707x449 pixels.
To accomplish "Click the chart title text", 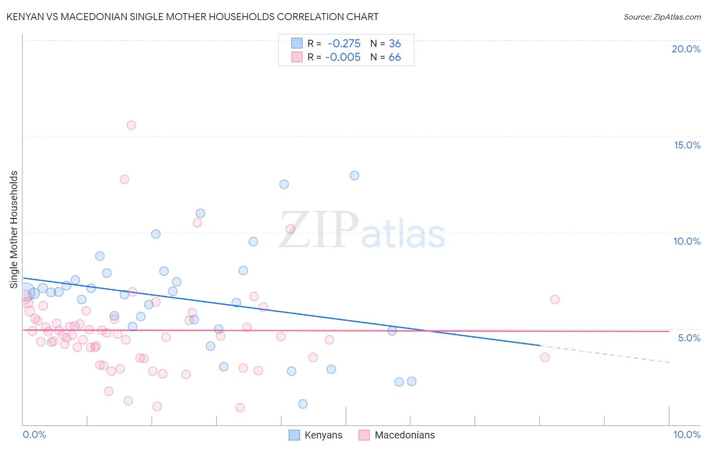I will click(x=192, y=17).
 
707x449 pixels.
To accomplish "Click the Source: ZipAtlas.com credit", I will click(x=662, y=17).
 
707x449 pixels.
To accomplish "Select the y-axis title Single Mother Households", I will click(x=14, y=230).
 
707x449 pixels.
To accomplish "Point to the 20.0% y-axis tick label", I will click(x=686, y=49).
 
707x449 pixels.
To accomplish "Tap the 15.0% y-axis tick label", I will click(x=687, y=145).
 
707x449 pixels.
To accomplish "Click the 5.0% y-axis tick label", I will click(x=689, y=338).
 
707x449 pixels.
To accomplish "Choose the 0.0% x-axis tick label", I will click(x=34, y=434).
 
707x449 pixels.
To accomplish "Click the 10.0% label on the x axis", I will click(x=686, y=434).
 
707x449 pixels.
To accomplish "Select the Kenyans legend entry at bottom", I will click(x=316, y=435).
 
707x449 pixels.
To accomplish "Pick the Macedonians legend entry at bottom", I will click(x=397, y=435).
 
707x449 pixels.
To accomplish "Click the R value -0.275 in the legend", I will click(x=344, y=44).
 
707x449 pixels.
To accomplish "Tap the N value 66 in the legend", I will click(x=395, y=57).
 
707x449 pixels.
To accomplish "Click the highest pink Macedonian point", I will click(x=131, y=125).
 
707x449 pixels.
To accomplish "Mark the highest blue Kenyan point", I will click(x=355, y=176).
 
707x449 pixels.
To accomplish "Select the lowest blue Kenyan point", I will click(x=303, y=404).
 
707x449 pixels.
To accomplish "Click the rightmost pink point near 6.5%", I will click(x=555, y=300).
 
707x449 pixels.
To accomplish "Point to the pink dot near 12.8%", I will click(x=124, y=179).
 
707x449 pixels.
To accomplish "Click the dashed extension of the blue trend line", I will click(x=603, y=354).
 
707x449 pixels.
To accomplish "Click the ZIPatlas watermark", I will click(x=362, y=231).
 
